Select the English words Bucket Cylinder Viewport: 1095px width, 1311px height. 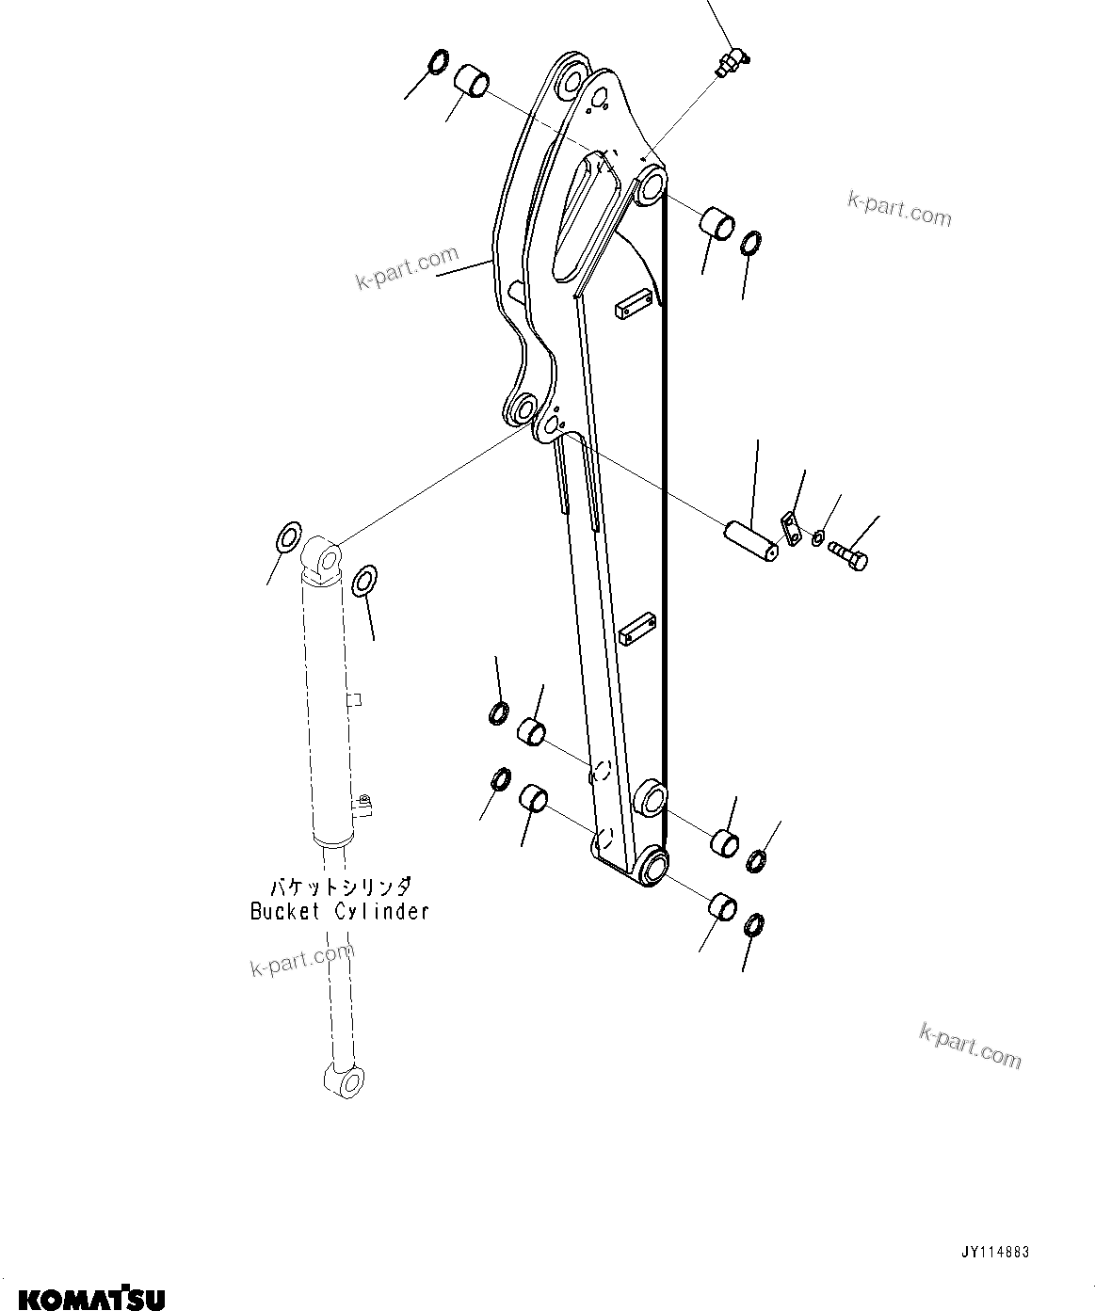click(x=339, y=911)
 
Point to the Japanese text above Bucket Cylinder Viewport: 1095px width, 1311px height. click(x=340, y=887)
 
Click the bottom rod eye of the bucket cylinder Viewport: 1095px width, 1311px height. click(x=344, y=1079)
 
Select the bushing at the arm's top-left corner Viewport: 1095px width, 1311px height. click(x=472, y=81)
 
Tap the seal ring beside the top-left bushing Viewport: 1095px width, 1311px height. click(x=438, y=63)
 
